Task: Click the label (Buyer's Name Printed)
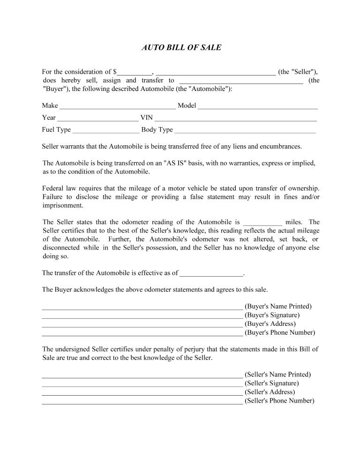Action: tap(278, 307)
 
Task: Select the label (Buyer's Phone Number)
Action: tap(280, 333)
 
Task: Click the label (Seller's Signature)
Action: tap(272, 383)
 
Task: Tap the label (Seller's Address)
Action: tap(270, 392)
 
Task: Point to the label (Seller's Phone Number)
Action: tap(279, 401)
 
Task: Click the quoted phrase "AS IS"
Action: tap(175, 163)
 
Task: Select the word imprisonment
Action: tap(63, 205)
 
